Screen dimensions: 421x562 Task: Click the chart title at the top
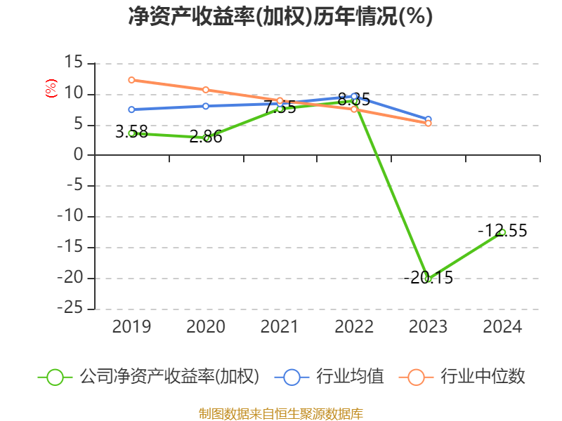280,17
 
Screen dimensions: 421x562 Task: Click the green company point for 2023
428,279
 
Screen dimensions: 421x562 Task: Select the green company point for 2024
502,232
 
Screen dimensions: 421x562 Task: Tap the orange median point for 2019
131,80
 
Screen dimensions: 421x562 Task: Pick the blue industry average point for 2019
131,109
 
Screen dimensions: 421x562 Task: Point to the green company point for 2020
206,138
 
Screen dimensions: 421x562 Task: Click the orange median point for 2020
206,90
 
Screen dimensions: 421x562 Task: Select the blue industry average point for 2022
354,96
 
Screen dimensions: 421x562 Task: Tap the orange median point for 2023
428,123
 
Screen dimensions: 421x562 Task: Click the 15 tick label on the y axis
74,63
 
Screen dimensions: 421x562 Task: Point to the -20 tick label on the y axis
70,278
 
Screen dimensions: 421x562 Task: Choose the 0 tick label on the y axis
79,155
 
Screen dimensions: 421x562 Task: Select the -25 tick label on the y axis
70,309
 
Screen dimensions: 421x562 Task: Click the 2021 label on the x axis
280,327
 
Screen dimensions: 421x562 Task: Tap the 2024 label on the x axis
502,327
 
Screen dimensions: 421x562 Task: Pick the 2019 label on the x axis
131,327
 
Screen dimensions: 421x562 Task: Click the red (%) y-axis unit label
51,89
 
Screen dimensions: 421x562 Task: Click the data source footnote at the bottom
280,413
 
